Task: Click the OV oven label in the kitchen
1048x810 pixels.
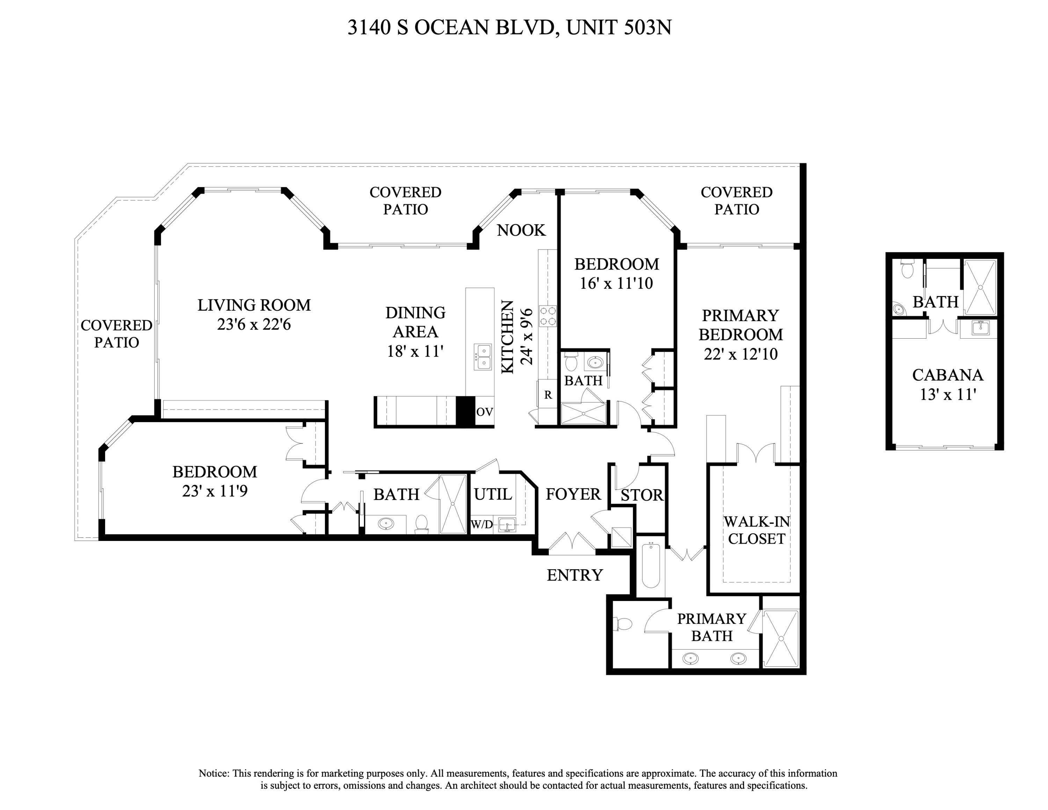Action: click(484, 412)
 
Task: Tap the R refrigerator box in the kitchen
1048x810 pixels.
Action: click(547, 395)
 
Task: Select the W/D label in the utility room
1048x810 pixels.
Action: click(481, 525)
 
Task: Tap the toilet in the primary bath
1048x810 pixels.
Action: click(624, 624)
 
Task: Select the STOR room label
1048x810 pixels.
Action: click(642, 495)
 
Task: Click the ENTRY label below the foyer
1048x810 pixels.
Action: click(574, 575)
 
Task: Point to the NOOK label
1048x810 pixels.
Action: click(521, 230)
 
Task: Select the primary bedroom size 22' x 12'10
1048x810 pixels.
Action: click(741, 354)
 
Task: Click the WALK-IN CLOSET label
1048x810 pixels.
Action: click(756, 530)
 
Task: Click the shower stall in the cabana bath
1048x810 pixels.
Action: click(980, 287)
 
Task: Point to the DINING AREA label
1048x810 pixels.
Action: click(415, 322)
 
